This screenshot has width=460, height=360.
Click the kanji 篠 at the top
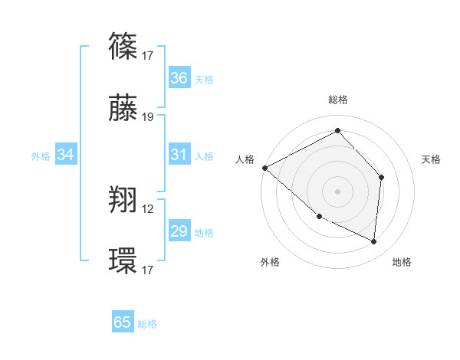pos(124,47)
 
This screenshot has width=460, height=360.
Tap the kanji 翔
pos(124,200)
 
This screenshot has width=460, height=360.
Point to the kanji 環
pos(124,260)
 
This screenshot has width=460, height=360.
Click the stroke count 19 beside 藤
pos(148,117)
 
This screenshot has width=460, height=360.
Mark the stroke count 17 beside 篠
pos(148,55)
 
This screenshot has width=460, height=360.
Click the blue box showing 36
pos(179,78)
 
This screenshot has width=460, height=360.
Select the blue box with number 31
pos(179,155)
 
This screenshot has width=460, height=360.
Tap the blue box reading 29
pos(179,231)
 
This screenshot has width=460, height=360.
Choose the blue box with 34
pos(66,155)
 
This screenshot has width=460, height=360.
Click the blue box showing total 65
pos(123,322)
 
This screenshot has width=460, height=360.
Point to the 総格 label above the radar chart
pos(338,100)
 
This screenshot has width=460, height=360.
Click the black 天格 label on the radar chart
pos(432,159)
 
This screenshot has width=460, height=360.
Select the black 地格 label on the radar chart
pos(402,263)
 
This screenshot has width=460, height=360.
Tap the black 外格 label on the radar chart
pos(270,263)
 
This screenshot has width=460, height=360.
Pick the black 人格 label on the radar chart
pos(245,159)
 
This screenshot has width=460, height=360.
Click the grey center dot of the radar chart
pos(337,191)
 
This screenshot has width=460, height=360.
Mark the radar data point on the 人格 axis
pos(264,167)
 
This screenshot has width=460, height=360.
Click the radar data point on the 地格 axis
pos(373,241)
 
